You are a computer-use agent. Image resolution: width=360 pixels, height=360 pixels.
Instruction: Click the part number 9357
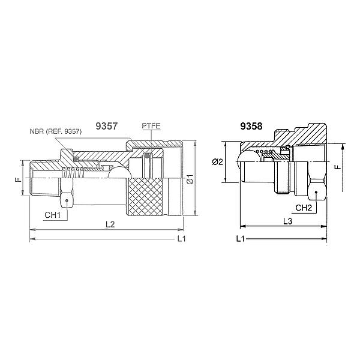point(107,126)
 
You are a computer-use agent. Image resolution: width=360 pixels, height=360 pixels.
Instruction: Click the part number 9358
point(251,126)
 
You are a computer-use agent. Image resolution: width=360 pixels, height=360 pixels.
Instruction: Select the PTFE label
point(151,126)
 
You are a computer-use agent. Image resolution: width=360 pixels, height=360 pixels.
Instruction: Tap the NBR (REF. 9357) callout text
point(56,131)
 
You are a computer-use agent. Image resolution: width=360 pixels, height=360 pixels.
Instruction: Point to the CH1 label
point(53,215)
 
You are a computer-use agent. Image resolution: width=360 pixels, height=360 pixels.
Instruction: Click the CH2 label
point(304,208)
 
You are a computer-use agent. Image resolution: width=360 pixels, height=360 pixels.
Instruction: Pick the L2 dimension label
point(110,224)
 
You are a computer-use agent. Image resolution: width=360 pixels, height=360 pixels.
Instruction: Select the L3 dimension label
point(287,221)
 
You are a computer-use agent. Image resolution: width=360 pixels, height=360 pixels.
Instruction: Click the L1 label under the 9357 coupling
point(182,239)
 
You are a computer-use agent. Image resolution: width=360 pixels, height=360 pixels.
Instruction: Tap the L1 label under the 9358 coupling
point(241,239)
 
